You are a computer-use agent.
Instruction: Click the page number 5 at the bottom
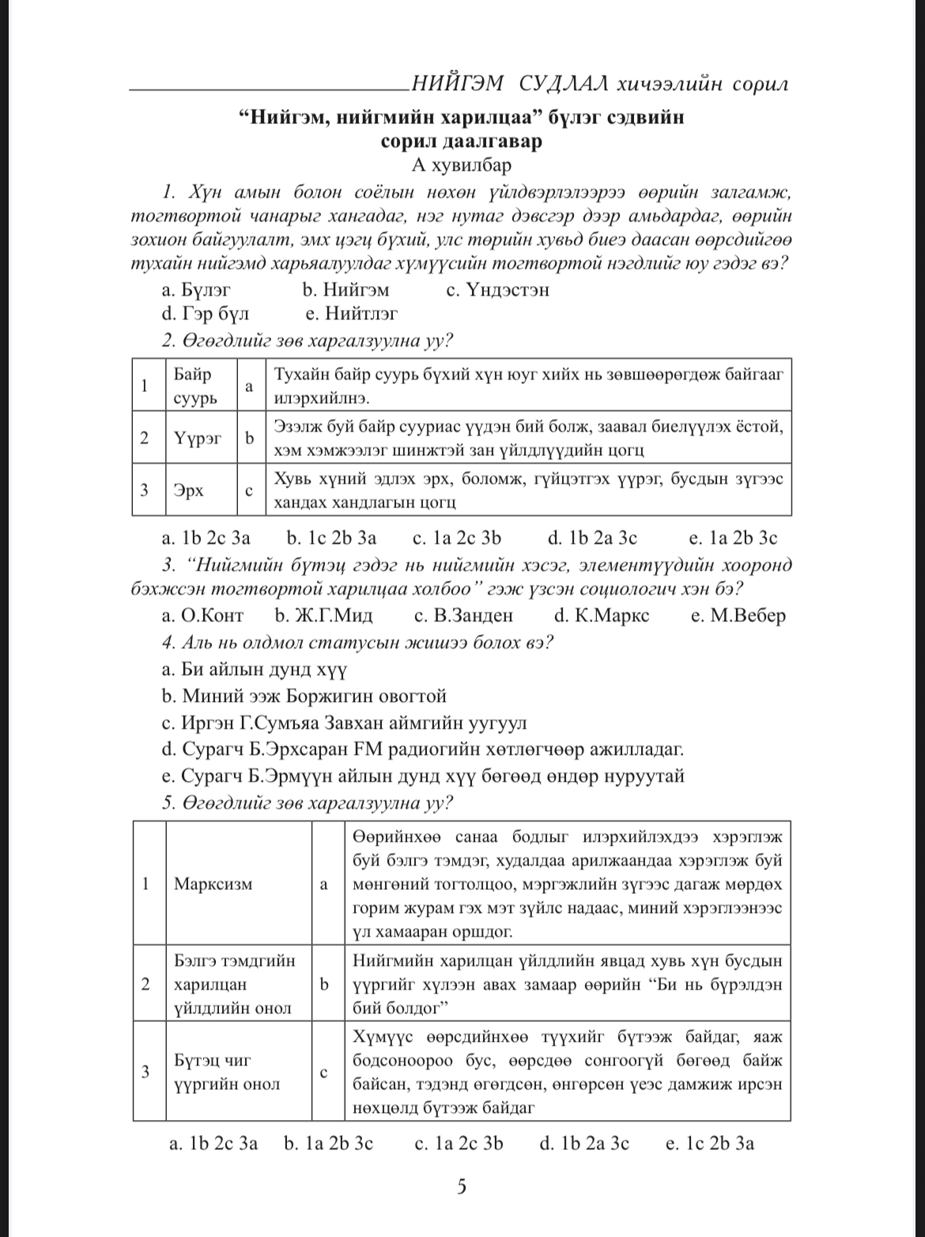click(462, 1186)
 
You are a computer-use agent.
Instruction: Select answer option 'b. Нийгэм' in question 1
click(345, 290)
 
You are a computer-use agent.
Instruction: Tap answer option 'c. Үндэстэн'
click(497, 290)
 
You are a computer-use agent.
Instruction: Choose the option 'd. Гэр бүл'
click(205, 315)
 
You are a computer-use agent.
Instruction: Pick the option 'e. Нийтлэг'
click(351, 315)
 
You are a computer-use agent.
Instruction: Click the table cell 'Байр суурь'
click(194, 386)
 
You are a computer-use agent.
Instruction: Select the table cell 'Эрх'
click(189, 490)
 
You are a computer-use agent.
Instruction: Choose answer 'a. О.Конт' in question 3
click(202, 615)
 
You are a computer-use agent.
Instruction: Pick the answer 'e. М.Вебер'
click(738, 615)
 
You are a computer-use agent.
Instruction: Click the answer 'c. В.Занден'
click(463, 615)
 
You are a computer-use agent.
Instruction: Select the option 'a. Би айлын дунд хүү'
click(254, 669)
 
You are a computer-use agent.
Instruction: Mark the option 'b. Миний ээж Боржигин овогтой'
click(304, 696)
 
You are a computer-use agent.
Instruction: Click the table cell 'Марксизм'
click(213, 884)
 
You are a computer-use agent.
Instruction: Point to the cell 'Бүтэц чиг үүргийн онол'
click(227, 1072)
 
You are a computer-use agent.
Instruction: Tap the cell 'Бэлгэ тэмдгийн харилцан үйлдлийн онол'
click(235, 984)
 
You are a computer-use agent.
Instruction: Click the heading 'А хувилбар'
click(462, 165)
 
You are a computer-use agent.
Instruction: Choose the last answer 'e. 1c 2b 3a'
click(709, 1143)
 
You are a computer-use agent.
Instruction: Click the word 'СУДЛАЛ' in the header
click(563, 83)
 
